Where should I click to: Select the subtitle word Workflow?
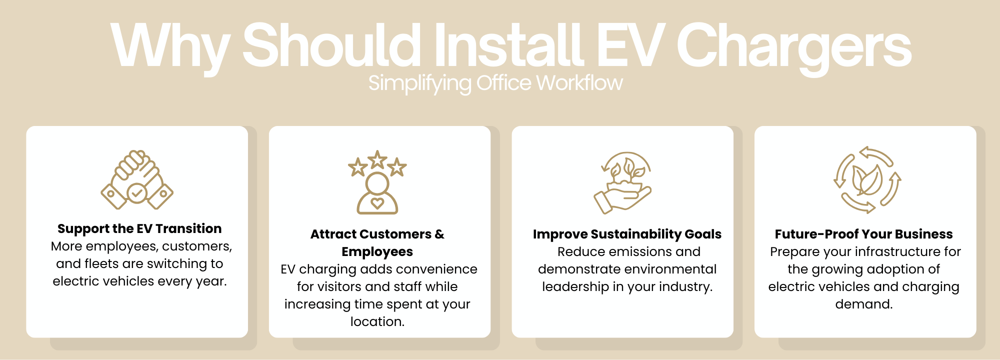click(579, 83)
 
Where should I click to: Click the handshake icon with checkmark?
click(137, 179)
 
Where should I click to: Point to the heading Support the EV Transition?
click(139, 228)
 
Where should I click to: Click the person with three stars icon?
click(377, 182)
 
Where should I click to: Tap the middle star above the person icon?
click(377, 159)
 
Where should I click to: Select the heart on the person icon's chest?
click(377, 202)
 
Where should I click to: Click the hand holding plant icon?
click(623, 182)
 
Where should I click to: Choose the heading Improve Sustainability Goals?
click(627, 234)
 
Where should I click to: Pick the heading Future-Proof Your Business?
click(864, 234)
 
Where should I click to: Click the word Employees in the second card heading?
click(377, 251)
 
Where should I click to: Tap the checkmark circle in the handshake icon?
click(137, 192)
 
